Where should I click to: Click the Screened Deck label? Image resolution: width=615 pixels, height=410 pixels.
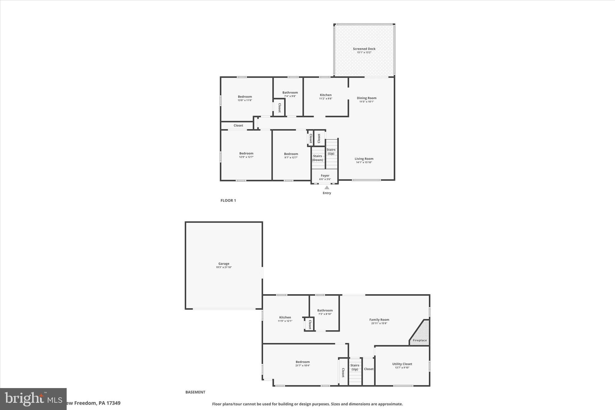coord(364,49)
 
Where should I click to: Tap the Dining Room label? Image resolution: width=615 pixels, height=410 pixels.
coord(366,98)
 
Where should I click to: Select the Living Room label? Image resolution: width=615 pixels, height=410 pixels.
coord(364,159)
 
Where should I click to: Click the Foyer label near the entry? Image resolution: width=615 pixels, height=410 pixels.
coord(325,176)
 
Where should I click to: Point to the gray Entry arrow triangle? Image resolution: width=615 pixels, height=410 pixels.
coord(327,188)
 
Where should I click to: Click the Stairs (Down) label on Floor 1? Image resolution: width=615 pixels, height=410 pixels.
coord(317,158)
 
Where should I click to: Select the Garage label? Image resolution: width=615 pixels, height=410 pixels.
coord(224,264)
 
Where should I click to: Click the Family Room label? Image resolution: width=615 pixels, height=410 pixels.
coord(379,320)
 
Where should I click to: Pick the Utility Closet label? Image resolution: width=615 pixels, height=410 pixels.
coord(402,364)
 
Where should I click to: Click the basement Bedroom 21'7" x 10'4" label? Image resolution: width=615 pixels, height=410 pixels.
coord(302,362)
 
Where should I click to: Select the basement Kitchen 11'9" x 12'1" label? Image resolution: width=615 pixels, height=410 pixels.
coord(285,317)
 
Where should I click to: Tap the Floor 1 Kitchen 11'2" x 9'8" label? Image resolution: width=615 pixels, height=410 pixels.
coord(326,95)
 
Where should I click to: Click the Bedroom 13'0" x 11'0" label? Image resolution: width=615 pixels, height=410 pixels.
coord(245,97)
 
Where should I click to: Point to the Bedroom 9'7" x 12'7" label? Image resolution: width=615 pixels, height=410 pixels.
coord(291,154)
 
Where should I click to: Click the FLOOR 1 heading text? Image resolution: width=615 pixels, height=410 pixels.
coord(228,201)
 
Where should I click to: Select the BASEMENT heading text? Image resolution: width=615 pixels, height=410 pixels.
coord(195,392)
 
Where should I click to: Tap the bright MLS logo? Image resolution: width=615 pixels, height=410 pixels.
coord(33,399)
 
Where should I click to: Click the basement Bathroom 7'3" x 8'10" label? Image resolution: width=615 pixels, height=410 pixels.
coord(325,311)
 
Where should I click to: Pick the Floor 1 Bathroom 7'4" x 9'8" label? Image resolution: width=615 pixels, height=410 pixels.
coord(290,93)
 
